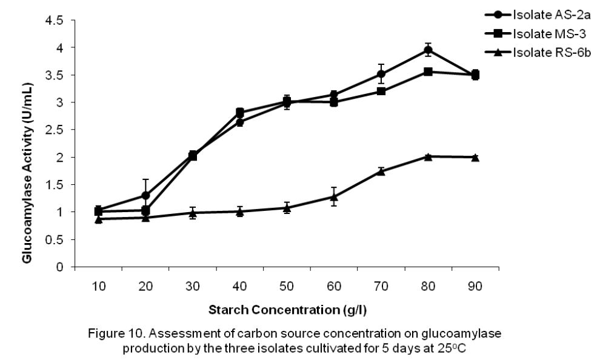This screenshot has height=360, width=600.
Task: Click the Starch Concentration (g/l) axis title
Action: tap(287, 310)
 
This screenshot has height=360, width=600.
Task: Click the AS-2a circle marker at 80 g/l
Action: tap(428, 50)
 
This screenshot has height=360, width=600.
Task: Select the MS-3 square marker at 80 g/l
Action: tap(428, 72)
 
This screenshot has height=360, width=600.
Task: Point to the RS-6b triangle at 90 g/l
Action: tap(475, 157)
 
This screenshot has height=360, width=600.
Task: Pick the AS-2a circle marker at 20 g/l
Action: tap(145, 195)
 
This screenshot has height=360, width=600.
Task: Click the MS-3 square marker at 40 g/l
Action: tap(239, 113)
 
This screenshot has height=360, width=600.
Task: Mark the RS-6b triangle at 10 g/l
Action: tap(98, 219)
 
